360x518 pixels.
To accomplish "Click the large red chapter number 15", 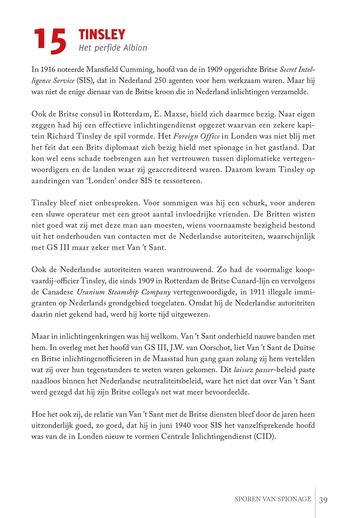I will pos(50,41).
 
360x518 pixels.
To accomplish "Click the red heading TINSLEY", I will pos(102,35).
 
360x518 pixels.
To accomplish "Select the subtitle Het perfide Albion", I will pos(113,48).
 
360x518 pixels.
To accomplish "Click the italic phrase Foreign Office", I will pos(196,136).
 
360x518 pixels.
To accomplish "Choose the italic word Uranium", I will pos(91,292).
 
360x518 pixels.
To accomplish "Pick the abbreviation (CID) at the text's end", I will pos(264,436).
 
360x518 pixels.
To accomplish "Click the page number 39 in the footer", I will pos(323,500).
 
